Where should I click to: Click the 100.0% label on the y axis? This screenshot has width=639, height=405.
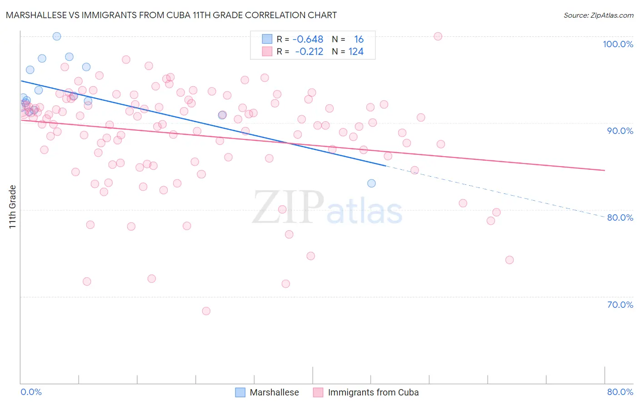(618, 44)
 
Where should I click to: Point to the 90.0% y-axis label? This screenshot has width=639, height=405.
(620, 131)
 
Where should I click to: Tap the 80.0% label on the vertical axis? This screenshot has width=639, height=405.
(620, 217)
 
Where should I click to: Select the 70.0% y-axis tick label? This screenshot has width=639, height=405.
(620, 305)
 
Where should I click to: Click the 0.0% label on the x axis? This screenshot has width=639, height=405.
(31, 392)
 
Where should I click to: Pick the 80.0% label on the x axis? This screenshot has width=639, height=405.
(620, 392)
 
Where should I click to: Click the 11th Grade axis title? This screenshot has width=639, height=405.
(13, 207)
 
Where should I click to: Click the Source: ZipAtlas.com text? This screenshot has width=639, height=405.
(598, 15)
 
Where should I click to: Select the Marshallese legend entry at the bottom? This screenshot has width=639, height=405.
(274, 392)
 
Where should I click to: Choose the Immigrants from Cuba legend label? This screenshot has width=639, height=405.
(373, 392)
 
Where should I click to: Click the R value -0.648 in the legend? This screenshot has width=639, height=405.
(308, 40)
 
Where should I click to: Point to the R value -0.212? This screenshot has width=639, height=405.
(309, 52)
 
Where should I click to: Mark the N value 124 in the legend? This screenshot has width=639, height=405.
(356, 52)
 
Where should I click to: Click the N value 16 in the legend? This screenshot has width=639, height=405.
(359, 40)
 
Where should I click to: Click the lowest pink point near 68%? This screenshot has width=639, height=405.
(206, 311)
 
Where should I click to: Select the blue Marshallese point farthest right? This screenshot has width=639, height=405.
(371, 183)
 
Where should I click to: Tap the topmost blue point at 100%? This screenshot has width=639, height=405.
(57, 36)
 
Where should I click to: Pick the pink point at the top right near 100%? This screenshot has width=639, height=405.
(438, 36)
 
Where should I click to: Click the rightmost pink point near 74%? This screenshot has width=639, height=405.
(509, 260)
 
